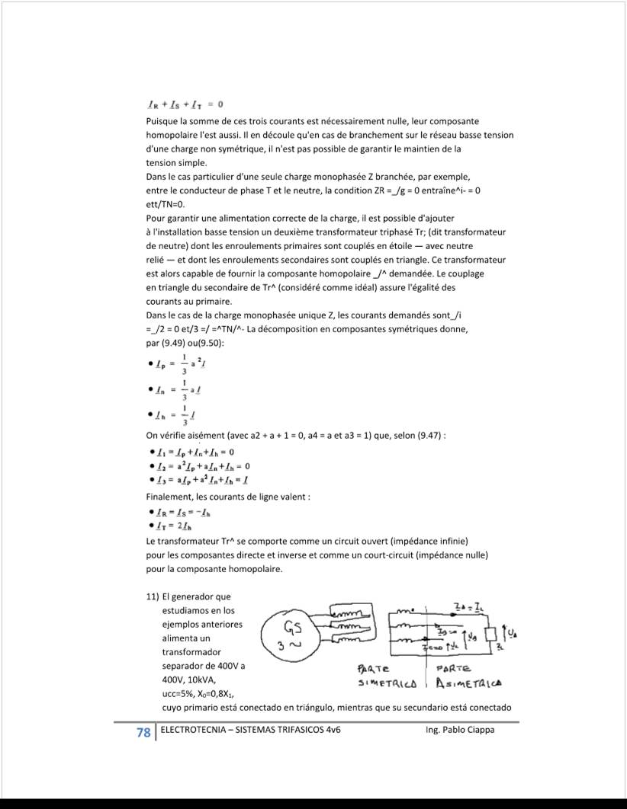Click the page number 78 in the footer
click(143, 732)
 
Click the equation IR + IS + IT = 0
click(185, 104)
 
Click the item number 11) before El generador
click(153, 596)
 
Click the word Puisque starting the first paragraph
click(163, 121)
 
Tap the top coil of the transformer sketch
click(352, 613)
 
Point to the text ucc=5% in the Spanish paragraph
click(180, 693)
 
